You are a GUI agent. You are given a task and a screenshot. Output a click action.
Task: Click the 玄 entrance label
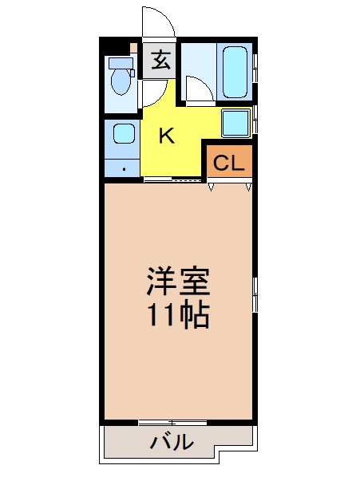tap(161, 60)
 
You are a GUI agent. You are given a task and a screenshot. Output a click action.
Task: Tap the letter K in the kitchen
tap(166, 136)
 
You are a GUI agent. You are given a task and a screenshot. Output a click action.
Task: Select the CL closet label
tap(229, 164)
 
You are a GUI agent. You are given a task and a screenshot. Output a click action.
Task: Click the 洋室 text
tap(177, 282)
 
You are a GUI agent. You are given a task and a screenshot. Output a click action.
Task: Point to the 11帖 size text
tap(177, 317)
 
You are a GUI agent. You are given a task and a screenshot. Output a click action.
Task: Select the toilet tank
tap(121, 62)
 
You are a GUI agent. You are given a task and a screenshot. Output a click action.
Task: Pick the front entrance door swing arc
tap(157, 22)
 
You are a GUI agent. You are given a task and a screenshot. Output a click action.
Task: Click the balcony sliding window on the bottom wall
tap(172, 420)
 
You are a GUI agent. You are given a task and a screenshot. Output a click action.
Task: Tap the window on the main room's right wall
tap(255, 295)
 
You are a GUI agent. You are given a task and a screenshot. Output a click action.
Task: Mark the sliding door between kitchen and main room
tap(172, 181)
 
